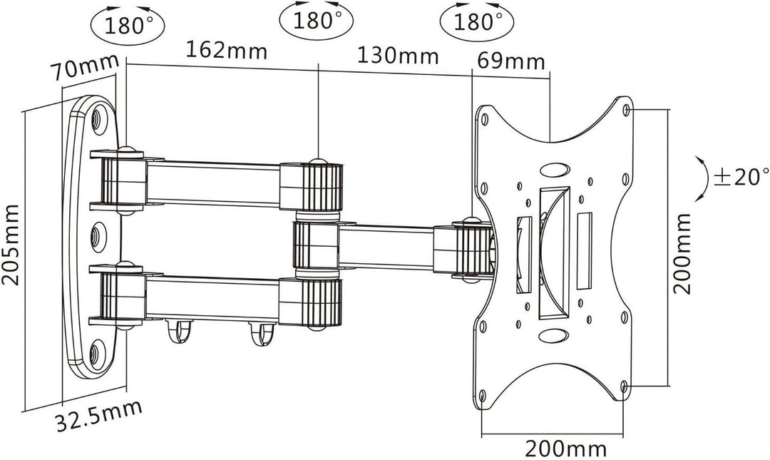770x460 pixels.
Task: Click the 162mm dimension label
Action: (227, 50)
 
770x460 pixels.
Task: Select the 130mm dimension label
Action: (398, 56)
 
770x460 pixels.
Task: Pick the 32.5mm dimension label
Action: (98, 415)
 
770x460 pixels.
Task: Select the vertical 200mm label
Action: (682, 254)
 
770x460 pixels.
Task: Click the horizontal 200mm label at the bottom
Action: (565, 449)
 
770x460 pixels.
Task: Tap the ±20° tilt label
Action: (741, 178)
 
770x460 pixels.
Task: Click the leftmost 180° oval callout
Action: (128, 24)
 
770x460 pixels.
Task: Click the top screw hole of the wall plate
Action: (98, 118)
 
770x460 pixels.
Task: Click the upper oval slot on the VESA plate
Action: (553, 169)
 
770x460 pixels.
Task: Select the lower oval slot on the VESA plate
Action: (553, 335)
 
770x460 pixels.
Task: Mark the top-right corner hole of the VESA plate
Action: (626, 109)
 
